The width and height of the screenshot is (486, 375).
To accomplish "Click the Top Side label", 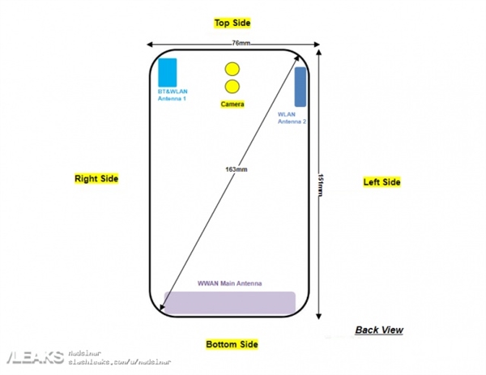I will pos(232,23).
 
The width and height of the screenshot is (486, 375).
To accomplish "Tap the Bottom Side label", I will pos(232,345).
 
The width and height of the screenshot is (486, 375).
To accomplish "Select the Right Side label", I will pos(96,178).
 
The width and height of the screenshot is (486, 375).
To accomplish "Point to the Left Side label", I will pos(382,182).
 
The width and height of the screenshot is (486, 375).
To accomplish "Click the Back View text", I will pos(378,330).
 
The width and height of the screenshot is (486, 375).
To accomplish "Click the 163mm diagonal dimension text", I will pos(237,169).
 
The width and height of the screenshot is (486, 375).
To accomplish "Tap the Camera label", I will pos(232,104).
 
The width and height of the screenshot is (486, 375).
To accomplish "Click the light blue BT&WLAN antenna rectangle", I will pos(168,72).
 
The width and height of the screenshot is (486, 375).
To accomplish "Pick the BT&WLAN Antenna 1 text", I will pos(172,96).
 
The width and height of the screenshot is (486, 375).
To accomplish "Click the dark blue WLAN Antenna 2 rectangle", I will pos(300,87).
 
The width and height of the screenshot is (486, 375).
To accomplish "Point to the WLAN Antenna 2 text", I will pos(292,118).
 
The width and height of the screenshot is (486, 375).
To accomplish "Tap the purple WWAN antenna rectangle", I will pos(229,303).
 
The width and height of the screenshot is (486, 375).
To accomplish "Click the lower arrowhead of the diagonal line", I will pos(165,308).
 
